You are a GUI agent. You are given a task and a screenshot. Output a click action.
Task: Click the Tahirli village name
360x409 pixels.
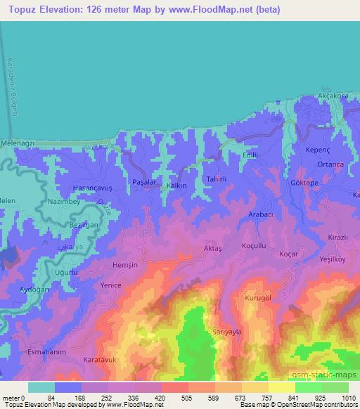(215, 180)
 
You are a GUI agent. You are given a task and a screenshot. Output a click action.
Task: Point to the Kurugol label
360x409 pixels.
(258, 298)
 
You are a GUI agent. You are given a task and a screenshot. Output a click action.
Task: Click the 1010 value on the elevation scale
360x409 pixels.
(348, 399)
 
